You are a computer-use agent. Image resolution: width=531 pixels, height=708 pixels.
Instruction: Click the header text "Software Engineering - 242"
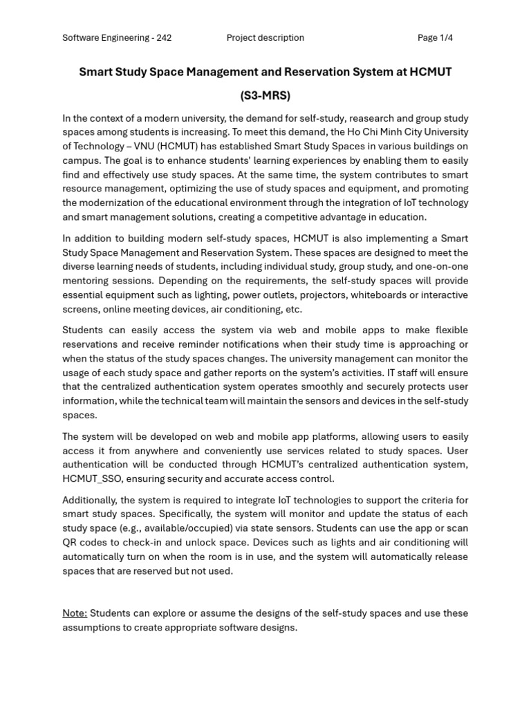(x=117, y=38)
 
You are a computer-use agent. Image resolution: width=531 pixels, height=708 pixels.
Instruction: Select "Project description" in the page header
(x=265, y=38)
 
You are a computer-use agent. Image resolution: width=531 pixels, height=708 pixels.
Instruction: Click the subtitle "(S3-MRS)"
(x=265, y=95)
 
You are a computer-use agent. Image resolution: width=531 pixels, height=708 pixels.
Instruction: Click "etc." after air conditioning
(x=293, y=309)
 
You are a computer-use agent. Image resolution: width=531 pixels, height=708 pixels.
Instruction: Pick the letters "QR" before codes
(x=69, y=542)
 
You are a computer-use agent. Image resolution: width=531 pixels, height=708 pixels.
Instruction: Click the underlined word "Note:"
(x=75, y=613)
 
